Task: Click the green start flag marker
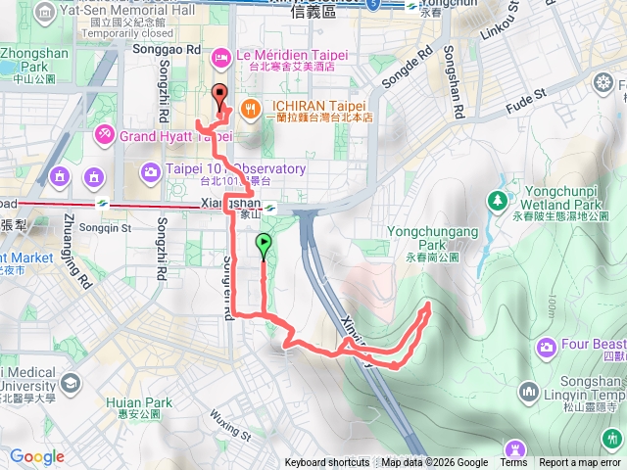point(264,244)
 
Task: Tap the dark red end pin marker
point(218,97)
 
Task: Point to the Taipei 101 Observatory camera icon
point(150,173)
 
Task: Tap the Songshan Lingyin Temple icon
point(529,392)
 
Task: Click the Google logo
point(36,456)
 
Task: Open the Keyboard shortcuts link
point(327,463)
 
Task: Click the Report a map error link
point(581,463)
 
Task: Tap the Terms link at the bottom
point(513,463)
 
